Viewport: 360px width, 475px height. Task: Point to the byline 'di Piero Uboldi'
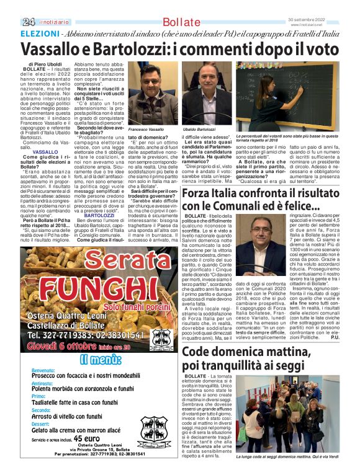[x=45, y=64]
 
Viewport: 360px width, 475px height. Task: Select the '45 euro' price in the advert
[x=87, y=438]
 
